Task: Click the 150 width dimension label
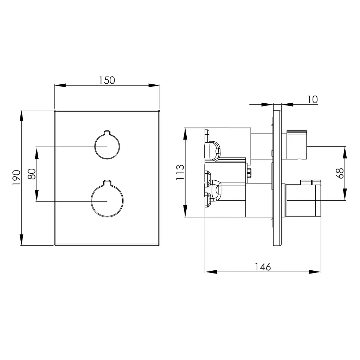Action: pos(107,81)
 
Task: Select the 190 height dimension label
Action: pos(16,178)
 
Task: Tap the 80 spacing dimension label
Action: pos(32,174)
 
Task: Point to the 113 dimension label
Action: pos(180,172)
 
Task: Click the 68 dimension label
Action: pos(340,173)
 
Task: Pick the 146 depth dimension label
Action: pos(263,267)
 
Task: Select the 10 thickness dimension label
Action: pos(312,99)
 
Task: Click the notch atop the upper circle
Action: pos(107,133)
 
